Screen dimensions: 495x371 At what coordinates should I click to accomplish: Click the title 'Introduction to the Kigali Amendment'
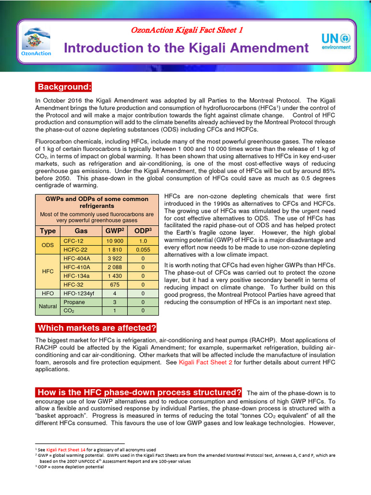click(x=186, y=48)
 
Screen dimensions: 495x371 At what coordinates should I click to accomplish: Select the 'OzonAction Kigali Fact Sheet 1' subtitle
click(x=187, y=30)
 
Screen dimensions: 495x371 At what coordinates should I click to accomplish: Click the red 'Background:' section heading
click(x=64, y=87)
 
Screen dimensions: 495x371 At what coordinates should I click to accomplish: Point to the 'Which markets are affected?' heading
click(x=97, y=328)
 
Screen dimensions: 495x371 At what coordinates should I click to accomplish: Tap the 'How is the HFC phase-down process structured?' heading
click(x=140, y=392)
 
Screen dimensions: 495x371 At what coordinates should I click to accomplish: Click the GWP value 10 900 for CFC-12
click(x=115, y=241)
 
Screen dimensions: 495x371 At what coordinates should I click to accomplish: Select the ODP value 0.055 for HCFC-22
click(x=143, y=249)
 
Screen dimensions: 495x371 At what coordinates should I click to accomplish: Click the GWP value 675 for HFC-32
click(x=114, y=285)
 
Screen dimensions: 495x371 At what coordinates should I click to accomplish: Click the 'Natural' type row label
click(x=48, y=306)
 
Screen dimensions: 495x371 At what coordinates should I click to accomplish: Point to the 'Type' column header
click(x=48, y=231)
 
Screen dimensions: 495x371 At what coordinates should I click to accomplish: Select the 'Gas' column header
click(x=81, y=231)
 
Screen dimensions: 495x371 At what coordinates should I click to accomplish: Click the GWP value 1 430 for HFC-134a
click(x=115, y=276)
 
